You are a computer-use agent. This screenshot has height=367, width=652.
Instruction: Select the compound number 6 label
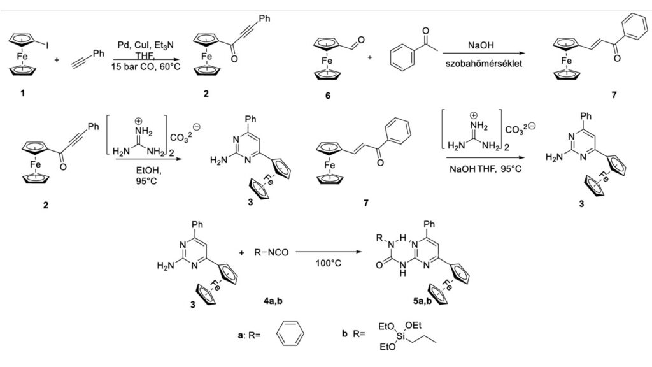click(327, 96)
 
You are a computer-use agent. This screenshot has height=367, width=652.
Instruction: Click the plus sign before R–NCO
click(242, 253)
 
